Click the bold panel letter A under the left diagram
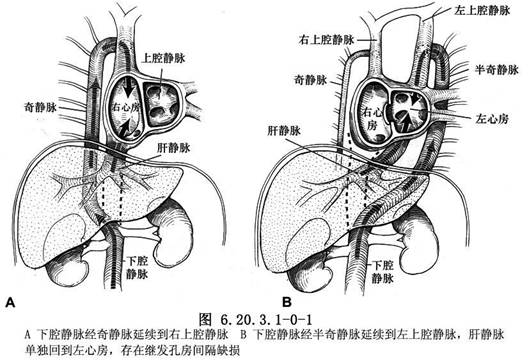(10, 300)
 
